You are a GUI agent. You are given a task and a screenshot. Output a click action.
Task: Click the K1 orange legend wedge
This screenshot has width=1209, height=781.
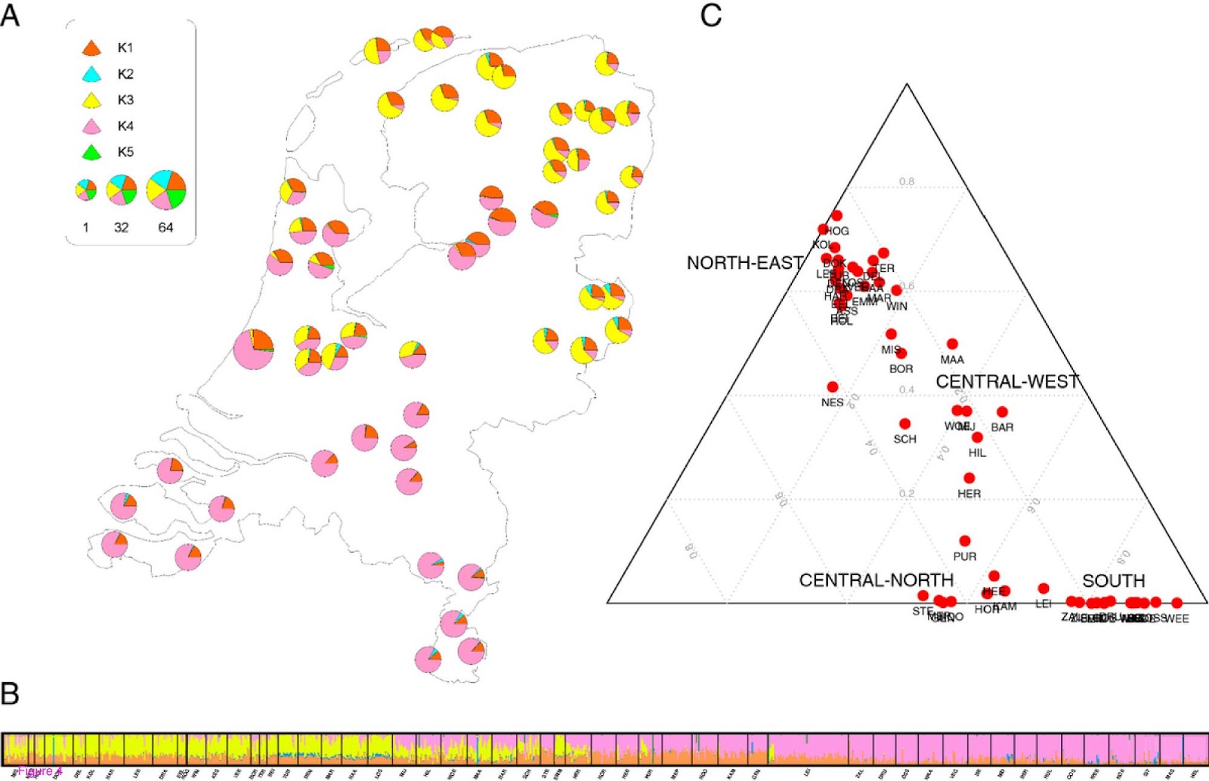(91, 48)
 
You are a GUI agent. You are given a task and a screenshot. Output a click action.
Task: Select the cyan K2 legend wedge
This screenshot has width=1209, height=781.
(91, 74)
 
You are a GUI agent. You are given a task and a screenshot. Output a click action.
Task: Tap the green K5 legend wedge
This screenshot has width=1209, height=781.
(91, 152)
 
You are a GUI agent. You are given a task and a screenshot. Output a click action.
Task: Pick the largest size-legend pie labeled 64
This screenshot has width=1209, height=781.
(166, 190)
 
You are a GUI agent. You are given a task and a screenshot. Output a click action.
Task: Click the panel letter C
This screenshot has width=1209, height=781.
(711, 15)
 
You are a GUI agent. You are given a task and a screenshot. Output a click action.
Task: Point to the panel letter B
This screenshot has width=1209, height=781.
(10, 693)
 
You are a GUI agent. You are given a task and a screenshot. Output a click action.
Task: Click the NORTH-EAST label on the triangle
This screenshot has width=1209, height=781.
(744, 263)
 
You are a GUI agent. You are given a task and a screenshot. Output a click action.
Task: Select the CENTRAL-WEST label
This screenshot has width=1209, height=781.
(1007, 382)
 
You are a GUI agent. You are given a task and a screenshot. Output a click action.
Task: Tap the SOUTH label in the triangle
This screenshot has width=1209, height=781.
(1113, 581)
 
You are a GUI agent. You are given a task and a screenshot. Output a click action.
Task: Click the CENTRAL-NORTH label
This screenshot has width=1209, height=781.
(876, 580)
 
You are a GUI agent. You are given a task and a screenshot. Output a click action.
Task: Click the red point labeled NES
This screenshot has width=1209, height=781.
(833, 387)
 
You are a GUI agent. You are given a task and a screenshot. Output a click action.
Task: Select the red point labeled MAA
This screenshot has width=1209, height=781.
(952, 344)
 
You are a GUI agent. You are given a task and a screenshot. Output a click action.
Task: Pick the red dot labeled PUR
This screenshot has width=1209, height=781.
(965, 541)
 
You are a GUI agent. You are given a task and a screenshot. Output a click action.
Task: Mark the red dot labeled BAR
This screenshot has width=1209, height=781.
(1002, 412)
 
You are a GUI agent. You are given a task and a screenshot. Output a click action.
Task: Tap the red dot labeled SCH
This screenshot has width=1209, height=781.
(904, 424)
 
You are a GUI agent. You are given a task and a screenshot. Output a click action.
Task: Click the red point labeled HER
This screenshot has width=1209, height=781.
(969, 478)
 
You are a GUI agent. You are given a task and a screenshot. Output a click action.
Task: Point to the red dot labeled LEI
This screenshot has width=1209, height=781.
(1044, 588)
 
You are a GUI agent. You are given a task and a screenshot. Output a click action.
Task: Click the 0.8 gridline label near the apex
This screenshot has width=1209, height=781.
(907, 182)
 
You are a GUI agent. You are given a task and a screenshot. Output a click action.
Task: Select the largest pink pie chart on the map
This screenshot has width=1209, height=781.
(253, 349)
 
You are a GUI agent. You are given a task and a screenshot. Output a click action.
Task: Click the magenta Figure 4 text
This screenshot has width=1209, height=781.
(39, 771)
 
